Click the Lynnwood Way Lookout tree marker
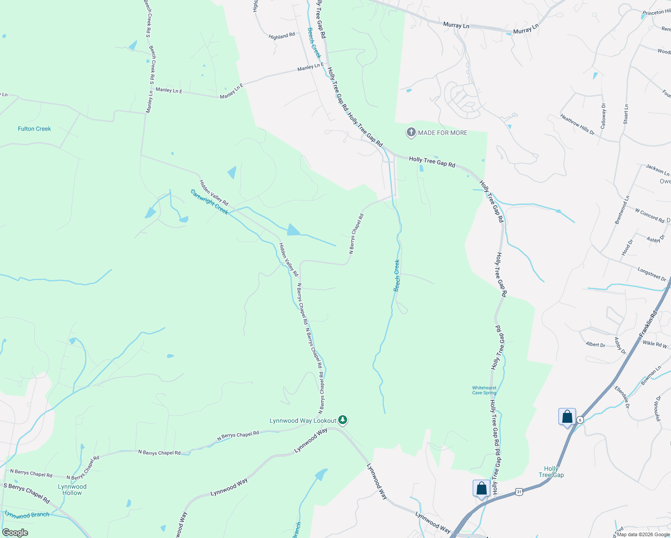point(343,420)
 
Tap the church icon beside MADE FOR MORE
point(411,132)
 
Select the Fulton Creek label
point(35,129)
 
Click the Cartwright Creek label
point(209,202)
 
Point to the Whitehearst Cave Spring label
point(484,390)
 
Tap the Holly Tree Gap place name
point(551,472)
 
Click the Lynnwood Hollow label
point(72,490)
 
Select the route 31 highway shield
point(519,492)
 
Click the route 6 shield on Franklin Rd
point(580,420)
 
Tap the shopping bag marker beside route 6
point(567,417)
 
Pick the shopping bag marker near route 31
point(481,488)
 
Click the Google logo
point(15,533)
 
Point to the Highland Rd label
point(282,36)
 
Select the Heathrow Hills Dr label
point(577,125)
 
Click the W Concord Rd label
point(649,215)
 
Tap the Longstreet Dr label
point(652,274)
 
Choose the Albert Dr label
point(595,345)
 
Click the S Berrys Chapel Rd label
point(26,492)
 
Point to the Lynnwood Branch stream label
point(27,515)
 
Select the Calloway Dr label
point(603,116)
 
